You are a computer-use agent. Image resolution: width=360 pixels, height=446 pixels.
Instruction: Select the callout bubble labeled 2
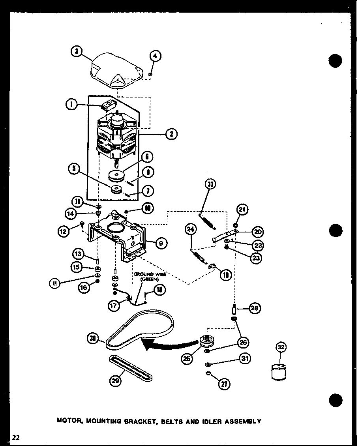(x=171, y=135)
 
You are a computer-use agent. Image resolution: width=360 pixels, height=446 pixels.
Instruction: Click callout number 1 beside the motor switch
(x=72, y=105)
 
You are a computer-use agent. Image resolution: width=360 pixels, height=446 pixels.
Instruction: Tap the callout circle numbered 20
(x=258, y=232)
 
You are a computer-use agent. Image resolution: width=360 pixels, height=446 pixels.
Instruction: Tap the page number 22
(x=16, y=437)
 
